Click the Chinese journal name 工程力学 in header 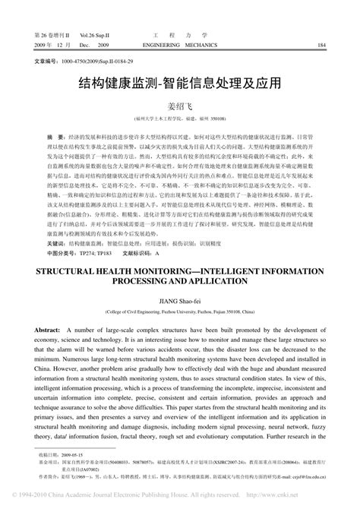[x=180, y=35]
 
